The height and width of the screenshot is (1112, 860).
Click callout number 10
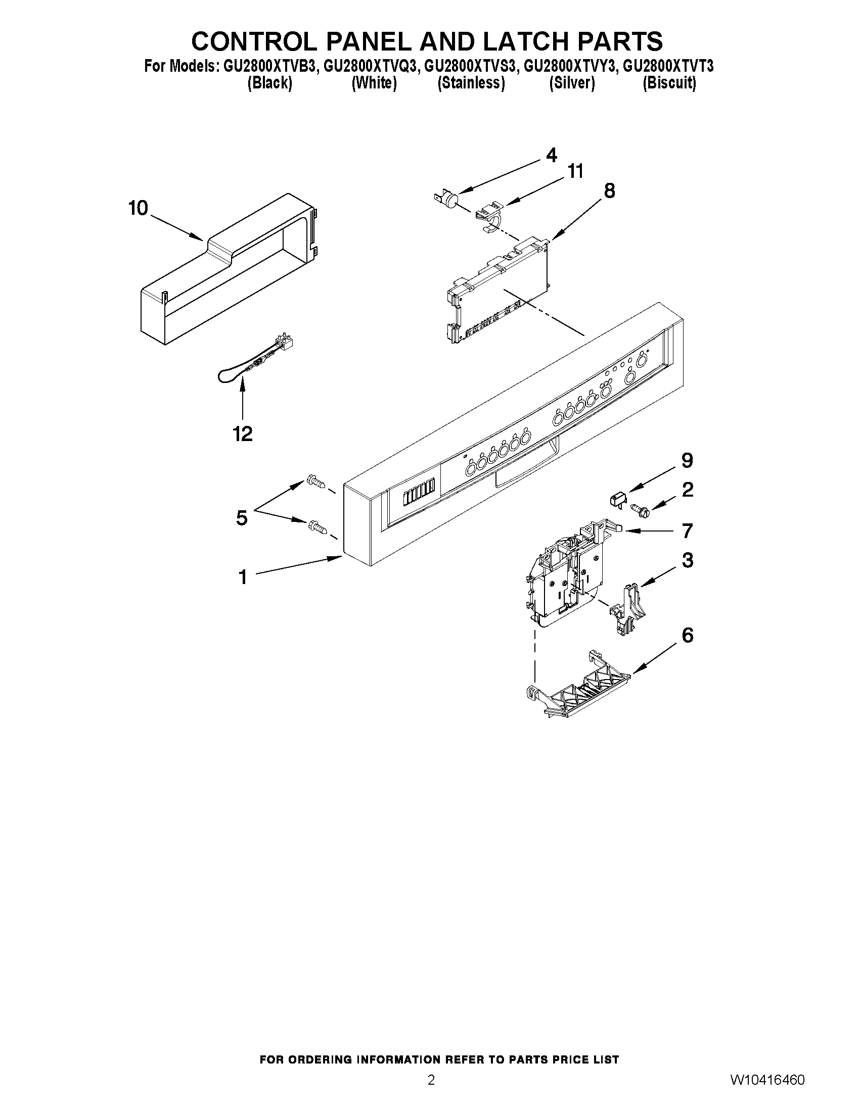[x=138, y=208]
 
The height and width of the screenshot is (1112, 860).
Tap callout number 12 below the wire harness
[x=243, y=434]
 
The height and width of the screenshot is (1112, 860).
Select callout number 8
[x=609, y=191]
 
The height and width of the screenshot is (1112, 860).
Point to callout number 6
[x=687, y=636]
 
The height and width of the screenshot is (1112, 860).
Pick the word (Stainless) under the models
[x=471, y=83]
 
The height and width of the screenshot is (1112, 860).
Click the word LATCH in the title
[x=525, y=41]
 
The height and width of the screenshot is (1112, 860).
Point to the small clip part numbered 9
[x=617, y=499]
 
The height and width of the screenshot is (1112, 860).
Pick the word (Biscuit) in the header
[x=669, y=83]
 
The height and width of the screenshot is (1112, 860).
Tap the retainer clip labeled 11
[x=489, y=214]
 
